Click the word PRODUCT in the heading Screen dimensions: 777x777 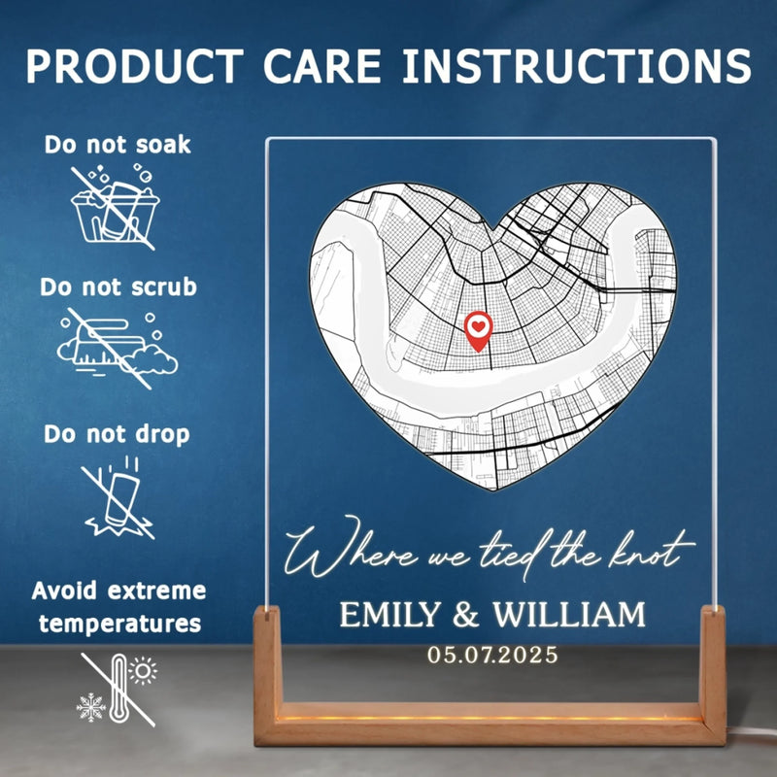(135, 66)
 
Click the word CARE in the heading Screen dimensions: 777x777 (322, 66)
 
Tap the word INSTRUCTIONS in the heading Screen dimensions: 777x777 (576, 66)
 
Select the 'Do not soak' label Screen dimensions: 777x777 (118, 145)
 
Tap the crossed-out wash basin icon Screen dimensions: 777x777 (115, 208)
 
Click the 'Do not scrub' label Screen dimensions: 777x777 (118, 287)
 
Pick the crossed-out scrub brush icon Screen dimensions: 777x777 (118, 348)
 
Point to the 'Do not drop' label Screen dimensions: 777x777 (117, 434)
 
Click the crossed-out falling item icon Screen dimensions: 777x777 (118, 497)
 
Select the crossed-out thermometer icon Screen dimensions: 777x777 (118, 690)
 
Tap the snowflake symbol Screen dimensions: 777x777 (91, 708)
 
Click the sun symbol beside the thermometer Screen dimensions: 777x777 (143, 671)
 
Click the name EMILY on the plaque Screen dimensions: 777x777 (390, 615)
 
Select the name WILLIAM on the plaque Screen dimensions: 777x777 (569, 615)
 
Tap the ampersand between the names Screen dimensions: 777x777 (466, 615)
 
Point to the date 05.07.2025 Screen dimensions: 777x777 (492, 655)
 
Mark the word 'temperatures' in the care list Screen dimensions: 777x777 (119, 624)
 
